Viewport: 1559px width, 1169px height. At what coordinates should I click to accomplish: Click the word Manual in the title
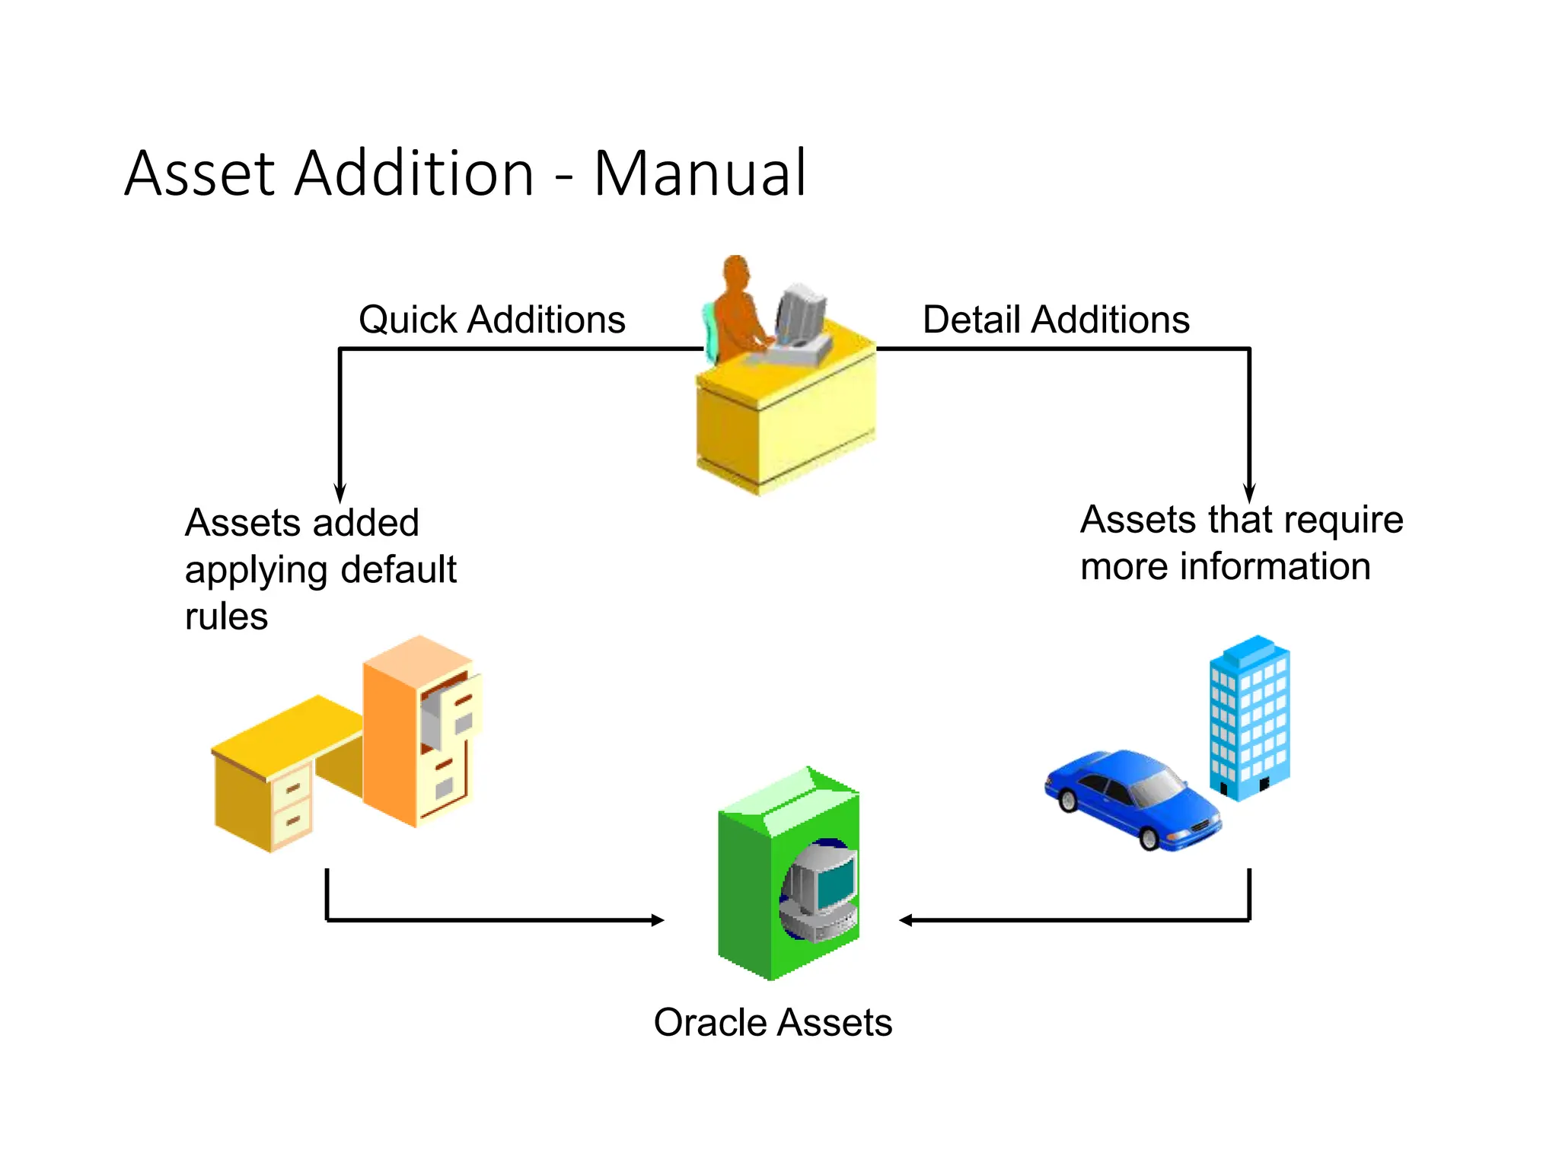pyautogui.click(x=699, y=174)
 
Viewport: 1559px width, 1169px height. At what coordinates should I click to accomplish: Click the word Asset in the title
pyautogui.click(x=199, y=174)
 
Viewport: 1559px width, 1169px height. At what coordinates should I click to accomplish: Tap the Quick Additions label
pyautogui.click(x=492, y=319)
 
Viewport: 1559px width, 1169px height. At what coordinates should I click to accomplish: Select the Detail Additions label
pyautogui.click(x=1056, y=319)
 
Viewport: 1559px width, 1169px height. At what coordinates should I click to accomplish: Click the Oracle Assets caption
pyautogui.click(x=773, y=1022)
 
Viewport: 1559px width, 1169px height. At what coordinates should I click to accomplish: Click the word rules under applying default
pyautogui.click(x=226, y=616)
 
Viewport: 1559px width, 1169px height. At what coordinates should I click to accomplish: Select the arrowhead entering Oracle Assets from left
pyautogui.click(x=657, y=920)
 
